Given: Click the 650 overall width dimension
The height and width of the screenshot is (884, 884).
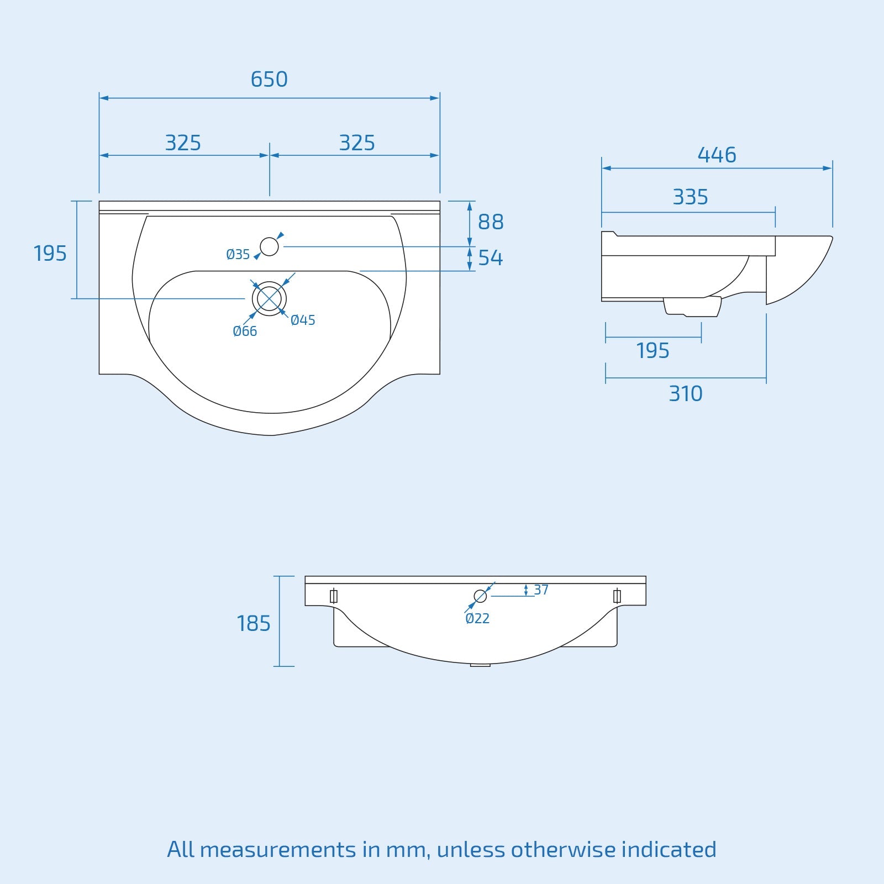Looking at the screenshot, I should [269, 80].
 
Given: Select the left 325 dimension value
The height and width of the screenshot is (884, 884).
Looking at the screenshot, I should [183, 143].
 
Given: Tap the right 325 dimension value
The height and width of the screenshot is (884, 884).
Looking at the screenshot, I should [357, 143].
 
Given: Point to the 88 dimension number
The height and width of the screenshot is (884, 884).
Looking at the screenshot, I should [491, 222].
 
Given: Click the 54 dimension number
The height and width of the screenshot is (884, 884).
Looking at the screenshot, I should [491, 258].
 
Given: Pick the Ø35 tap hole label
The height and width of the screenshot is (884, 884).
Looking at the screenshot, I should [238, 255].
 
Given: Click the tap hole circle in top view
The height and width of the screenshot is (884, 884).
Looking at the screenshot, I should [269, 246].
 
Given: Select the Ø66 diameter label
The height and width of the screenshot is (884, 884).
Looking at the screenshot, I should [245, 331].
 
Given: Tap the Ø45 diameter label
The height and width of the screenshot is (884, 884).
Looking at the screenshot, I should [303, 320].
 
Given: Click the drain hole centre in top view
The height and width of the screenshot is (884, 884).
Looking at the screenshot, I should [269, 299].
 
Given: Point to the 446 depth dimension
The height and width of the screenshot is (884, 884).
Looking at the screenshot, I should [717, 155].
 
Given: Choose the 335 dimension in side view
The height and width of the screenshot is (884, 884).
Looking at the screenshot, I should [690, 197].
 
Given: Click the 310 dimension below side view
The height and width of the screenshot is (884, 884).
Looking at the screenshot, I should [686, 394].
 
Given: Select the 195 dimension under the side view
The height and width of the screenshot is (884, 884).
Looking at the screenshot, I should [653, 351].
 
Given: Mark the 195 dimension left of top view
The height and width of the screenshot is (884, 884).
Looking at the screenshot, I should [50, 254].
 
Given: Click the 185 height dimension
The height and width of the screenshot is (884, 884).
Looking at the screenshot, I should [254, 624].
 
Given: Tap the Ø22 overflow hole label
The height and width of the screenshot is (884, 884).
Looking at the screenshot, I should [477, 619].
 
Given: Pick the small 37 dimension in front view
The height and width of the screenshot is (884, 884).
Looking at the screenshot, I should [541, 590].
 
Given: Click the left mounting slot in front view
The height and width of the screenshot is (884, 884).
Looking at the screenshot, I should [333, 596].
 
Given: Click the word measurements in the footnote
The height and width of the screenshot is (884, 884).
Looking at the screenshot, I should [277, 849].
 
